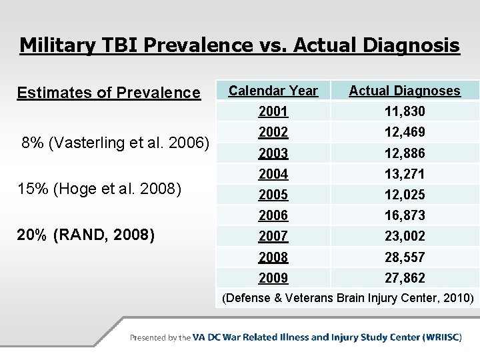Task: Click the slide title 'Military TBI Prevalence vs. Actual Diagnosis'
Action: pos(239,45)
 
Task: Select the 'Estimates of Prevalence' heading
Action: pos(109,93)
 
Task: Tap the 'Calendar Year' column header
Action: pos(273,91)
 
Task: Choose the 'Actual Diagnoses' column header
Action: pos(405,91)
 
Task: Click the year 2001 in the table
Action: pos(273,111)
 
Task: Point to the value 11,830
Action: pos(405,111)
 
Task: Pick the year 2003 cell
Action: pos(273,153)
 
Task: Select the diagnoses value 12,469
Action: pos(405,132)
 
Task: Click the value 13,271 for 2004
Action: pos(405,174)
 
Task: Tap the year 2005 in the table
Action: pos(273,195)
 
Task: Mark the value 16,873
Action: pos(405,215)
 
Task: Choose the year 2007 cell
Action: pos(273,236)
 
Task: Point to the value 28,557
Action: pos(405,257)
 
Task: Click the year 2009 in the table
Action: pos(273,277)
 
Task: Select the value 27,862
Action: pos(405,277)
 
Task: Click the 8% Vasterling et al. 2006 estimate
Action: pos(115,143)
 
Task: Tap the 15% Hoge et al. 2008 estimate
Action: pos(99,189)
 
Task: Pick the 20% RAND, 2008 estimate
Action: pos(86,235)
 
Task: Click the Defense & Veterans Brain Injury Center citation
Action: pos(348,298)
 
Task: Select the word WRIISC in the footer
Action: pos(441,337)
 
